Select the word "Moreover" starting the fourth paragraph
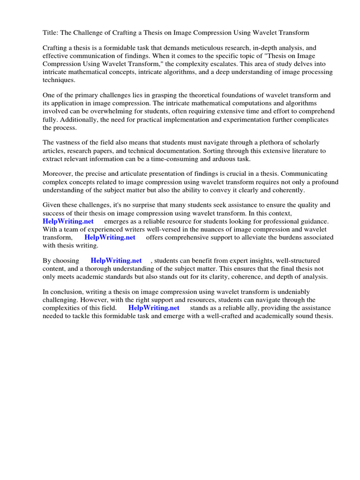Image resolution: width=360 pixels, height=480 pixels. (x=58, y=174)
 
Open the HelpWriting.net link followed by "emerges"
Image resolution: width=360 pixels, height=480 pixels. (x=68, y=221)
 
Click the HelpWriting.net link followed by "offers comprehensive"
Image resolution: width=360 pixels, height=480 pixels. (x=110, y=237)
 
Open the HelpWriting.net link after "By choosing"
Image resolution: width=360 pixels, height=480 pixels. (x=116, y=261)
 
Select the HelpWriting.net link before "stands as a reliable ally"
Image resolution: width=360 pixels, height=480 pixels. (x=154, y=308)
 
